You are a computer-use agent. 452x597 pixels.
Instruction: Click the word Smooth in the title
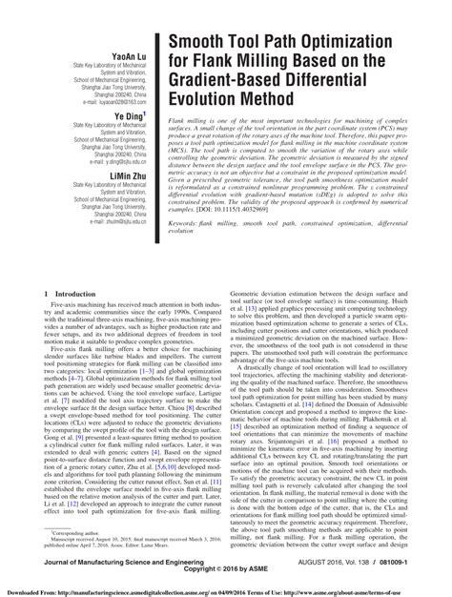click(204, 44)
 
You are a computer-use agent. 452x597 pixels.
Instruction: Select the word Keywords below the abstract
click(185, 224)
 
